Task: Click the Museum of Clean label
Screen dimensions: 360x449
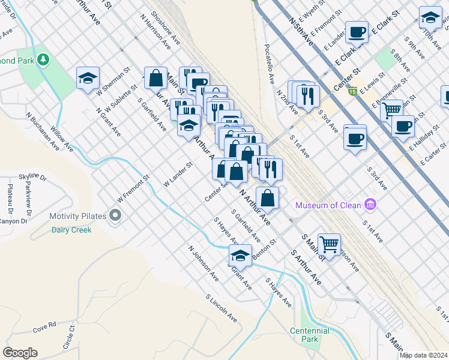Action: pos(328,206)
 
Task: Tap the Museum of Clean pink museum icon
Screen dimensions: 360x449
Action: pos(370,205)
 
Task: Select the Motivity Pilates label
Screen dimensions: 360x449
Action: pos(78,216)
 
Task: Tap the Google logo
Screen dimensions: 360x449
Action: pos(20,353)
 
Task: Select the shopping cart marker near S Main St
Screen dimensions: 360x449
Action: pos(329,244)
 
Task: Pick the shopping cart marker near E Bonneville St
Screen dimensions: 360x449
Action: pos(391,110)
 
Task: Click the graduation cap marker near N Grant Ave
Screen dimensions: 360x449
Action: pos(88,78)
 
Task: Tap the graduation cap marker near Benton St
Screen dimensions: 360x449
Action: pos(240,255)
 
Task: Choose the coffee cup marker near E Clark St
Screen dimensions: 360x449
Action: pos(357,32)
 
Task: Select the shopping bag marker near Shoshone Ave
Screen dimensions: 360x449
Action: pos(155,77)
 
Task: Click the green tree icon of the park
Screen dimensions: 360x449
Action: pos(43,59)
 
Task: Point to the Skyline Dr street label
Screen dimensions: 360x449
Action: pos(32,177)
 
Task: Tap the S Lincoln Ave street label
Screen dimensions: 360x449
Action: pos(221,308)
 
